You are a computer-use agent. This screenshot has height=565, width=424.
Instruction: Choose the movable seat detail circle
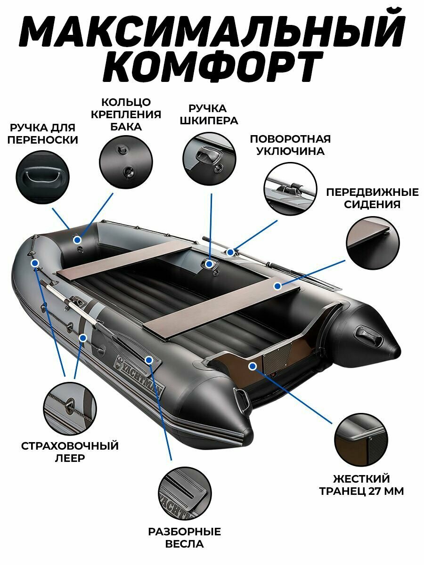[373, 242]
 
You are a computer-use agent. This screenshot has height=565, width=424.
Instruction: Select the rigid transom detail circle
[361, 441]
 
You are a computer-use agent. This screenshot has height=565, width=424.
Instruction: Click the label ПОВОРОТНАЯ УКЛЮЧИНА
[290, 145]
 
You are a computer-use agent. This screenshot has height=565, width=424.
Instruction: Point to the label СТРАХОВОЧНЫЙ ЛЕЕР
[70, 452]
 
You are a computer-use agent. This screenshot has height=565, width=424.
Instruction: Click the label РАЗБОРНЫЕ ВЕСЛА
[185, 538]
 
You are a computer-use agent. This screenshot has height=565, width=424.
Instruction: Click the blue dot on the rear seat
[278, 285]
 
